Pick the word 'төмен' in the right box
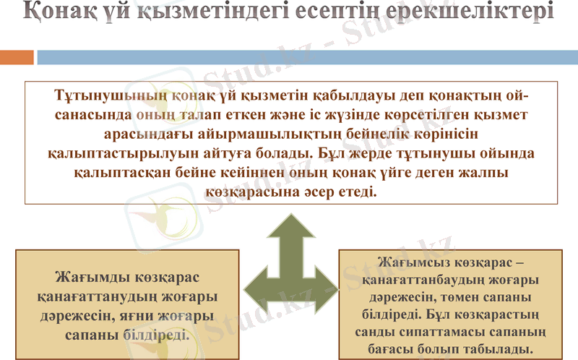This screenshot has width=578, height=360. click(461, 298)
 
